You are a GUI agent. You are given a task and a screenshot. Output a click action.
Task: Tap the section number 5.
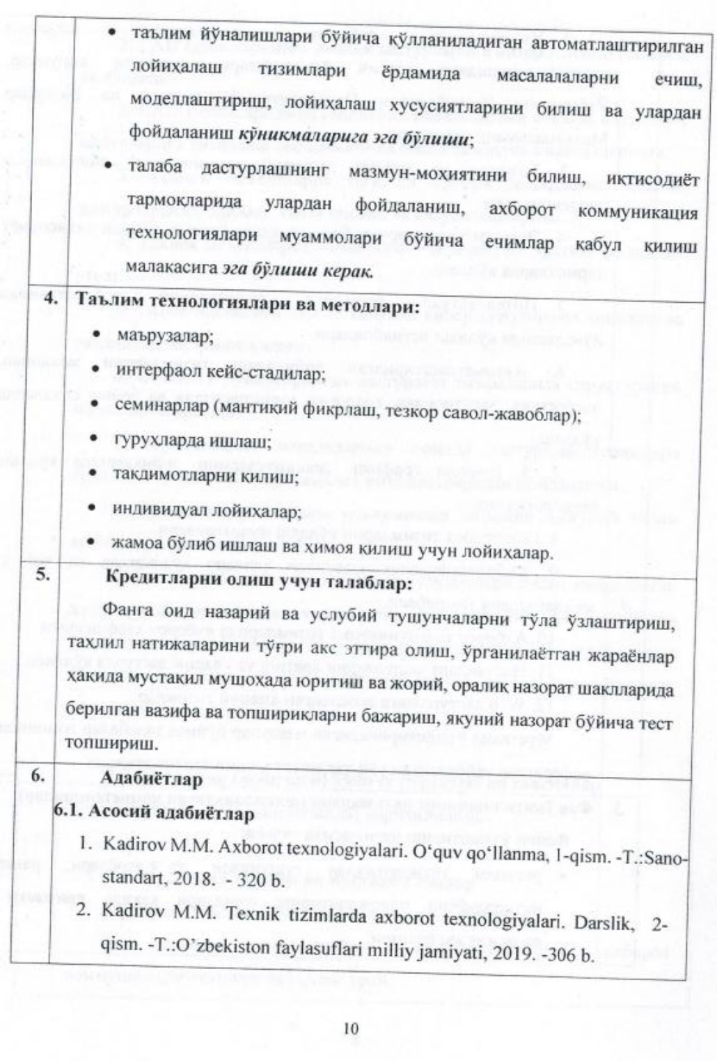tap(44, 575)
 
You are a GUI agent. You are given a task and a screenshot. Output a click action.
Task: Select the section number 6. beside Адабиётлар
tap(39, 776)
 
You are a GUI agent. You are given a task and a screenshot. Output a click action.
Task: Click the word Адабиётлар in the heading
tap(151, 778)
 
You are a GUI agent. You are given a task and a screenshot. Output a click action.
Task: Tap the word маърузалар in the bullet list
tap(162, 336)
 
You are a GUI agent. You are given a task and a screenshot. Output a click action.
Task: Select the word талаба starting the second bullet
tap(155, 167)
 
